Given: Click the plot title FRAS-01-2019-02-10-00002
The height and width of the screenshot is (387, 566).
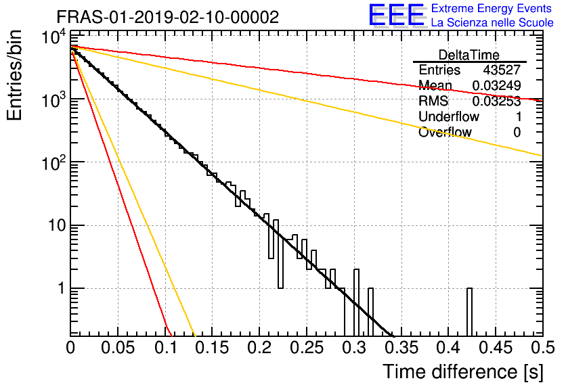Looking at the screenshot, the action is click(x=168, y=17).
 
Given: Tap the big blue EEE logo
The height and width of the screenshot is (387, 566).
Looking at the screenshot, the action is click(x=397, y=15).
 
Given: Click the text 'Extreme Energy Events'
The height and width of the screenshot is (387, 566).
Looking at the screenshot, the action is click(x=492, y=8).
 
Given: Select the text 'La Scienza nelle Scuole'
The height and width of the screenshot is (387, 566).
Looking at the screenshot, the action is click(x=492, y=22).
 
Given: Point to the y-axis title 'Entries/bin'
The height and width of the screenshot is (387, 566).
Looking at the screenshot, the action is click(x=14, y=75).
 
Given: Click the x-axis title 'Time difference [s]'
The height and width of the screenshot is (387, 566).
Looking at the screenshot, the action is click(x=463, y=372).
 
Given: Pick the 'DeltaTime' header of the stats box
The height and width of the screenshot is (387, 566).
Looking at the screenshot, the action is click(x=469, y=55).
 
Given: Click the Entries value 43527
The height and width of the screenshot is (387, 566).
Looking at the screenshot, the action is click(x=502, y=70).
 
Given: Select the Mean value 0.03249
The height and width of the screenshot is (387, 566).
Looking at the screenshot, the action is click(x=496, y=85).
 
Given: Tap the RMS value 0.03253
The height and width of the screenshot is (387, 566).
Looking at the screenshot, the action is click(x=496, y=101).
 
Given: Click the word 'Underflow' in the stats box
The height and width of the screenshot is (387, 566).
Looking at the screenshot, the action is click(x=449, y=116).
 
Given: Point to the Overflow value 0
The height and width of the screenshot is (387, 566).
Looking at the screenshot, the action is click(x=517, y=133).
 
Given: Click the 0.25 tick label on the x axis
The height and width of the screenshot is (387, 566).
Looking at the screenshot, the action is click(x=307, y=348).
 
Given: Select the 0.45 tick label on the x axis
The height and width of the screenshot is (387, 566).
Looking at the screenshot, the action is click(x=496, y=348).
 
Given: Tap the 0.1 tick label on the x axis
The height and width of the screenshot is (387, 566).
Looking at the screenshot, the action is click(x=165, y=348).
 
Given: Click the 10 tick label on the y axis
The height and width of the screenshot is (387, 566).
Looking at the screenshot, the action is click(x=58, y=226).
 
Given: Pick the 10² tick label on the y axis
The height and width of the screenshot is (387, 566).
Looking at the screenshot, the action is click(x=55, y=162).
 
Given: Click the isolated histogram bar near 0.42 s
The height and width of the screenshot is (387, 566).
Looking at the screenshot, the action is click(x=469, y=312).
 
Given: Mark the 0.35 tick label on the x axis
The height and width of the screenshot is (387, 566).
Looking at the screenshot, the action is click(x=401, y=348).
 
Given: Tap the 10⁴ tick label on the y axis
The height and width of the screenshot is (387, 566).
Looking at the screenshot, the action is click(x=55, y=37).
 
